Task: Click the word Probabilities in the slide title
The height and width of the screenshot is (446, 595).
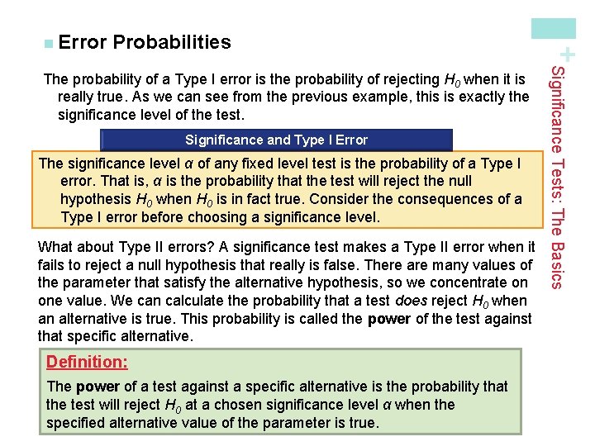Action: (x=172, y=41)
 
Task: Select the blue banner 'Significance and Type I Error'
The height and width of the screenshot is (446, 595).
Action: (x=276, y=140)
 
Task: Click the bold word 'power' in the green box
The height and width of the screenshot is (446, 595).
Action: (x=98, y=386)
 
